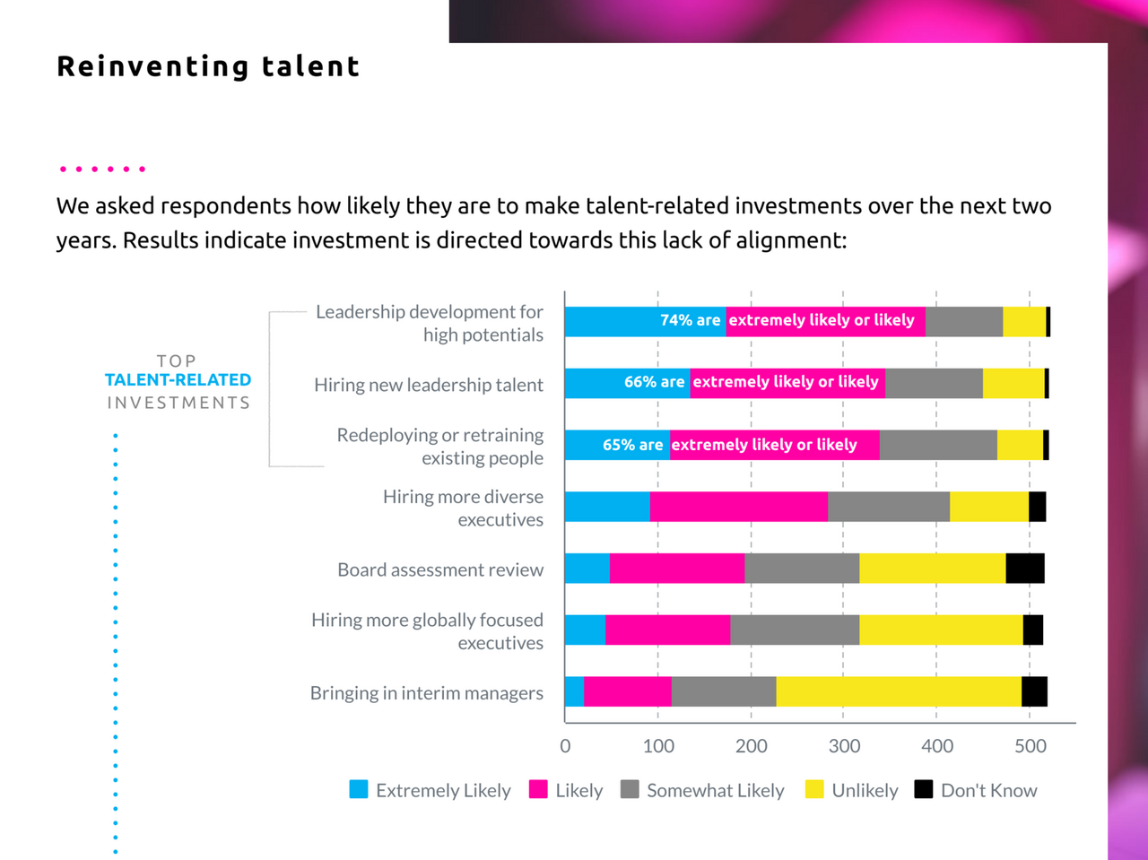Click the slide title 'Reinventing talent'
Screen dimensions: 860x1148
click(x=208, y=66)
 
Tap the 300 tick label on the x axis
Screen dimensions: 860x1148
click(x=844, y=746)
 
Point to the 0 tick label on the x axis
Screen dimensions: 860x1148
click(x=565, y=746)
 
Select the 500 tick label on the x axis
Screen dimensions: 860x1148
click(x=1031, y=746)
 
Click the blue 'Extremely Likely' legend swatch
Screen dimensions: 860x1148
click(x=359, y=789)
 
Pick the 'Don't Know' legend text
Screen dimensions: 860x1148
click(x=988, y=790)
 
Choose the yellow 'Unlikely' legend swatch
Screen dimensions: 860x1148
click(x=814, y=789)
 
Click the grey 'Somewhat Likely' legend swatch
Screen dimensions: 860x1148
click(x=630, y=789)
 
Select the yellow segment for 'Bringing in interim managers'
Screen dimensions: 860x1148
click(x=899, y=691)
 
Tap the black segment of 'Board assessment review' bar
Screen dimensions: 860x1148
click(x=1025, y=569)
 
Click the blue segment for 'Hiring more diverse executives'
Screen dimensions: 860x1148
click(x=607, y=507)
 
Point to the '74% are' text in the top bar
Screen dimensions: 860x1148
click(x=690, y=320)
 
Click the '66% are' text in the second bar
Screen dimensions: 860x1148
click(x=654, y=382)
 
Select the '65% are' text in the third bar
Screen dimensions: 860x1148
click(x=632, y=445)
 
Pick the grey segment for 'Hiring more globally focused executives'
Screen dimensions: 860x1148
click(x=795, y=630)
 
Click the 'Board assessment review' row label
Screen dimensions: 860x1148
click(x=440, y=569)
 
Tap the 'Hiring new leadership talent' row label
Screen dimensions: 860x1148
click(x=429, y=385)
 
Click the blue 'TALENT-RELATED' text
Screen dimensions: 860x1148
click(x=178, y=380)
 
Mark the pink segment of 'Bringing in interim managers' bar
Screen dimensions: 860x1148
click(x=628, y=691)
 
